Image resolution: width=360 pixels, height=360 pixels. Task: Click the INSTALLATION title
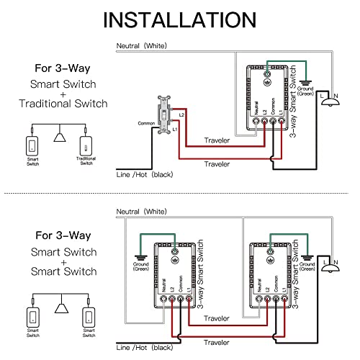pyautogui.click(x=180, y=20)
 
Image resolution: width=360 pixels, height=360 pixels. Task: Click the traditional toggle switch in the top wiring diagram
pyautogui.click(x=164, y=115)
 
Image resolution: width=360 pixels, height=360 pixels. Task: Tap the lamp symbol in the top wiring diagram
pyautogui.click(x=330, y=102)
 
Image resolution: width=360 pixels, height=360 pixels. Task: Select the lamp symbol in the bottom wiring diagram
pyautogui.click(x=330, y=268)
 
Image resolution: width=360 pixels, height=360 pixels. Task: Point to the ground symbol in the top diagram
pyautogui.click(x=305, y=84)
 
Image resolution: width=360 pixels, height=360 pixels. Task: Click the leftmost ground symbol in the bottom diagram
pyautogui.click(x=141, y=258)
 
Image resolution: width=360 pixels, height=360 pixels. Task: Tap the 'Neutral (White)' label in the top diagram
pyautogui.click(x=141, y=45)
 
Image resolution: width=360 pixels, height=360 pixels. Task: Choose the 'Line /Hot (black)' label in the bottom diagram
pyautogui.click(x=145, y=348)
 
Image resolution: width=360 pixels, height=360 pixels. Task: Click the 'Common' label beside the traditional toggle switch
pyautogui.click(x=146, y=123)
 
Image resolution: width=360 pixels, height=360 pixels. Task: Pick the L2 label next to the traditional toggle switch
pyautogui.click(x=181, y=115)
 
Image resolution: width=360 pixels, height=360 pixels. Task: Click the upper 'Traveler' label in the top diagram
pyautogui.click(x=217, y=140)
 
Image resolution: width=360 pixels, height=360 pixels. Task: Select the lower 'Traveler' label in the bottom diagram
pyautogui.click(x=217, y=343)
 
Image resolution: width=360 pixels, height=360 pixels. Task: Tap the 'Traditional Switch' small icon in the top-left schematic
pyautogui.click(x=86, y=145)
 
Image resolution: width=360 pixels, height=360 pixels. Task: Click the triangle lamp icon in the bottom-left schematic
pyautogui.click(x=61, y=308)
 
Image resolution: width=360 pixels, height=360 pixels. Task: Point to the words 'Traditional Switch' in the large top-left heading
pyautogui.click(x=63, y=104)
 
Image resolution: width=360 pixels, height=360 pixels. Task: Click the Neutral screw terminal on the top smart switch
pyautogui.click(x=256, y=121)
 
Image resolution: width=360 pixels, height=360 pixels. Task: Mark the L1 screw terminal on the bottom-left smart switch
pyautogui.click(x=189, y=299)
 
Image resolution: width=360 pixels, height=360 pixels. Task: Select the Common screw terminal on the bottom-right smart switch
pyautogui.click(x=276, y=299)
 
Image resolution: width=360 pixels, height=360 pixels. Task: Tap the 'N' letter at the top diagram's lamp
pyautogui.click(x=336, y=96)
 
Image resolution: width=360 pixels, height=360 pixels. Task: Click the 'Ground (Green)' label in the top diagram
pyautogui.click(x=305, y=91)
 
